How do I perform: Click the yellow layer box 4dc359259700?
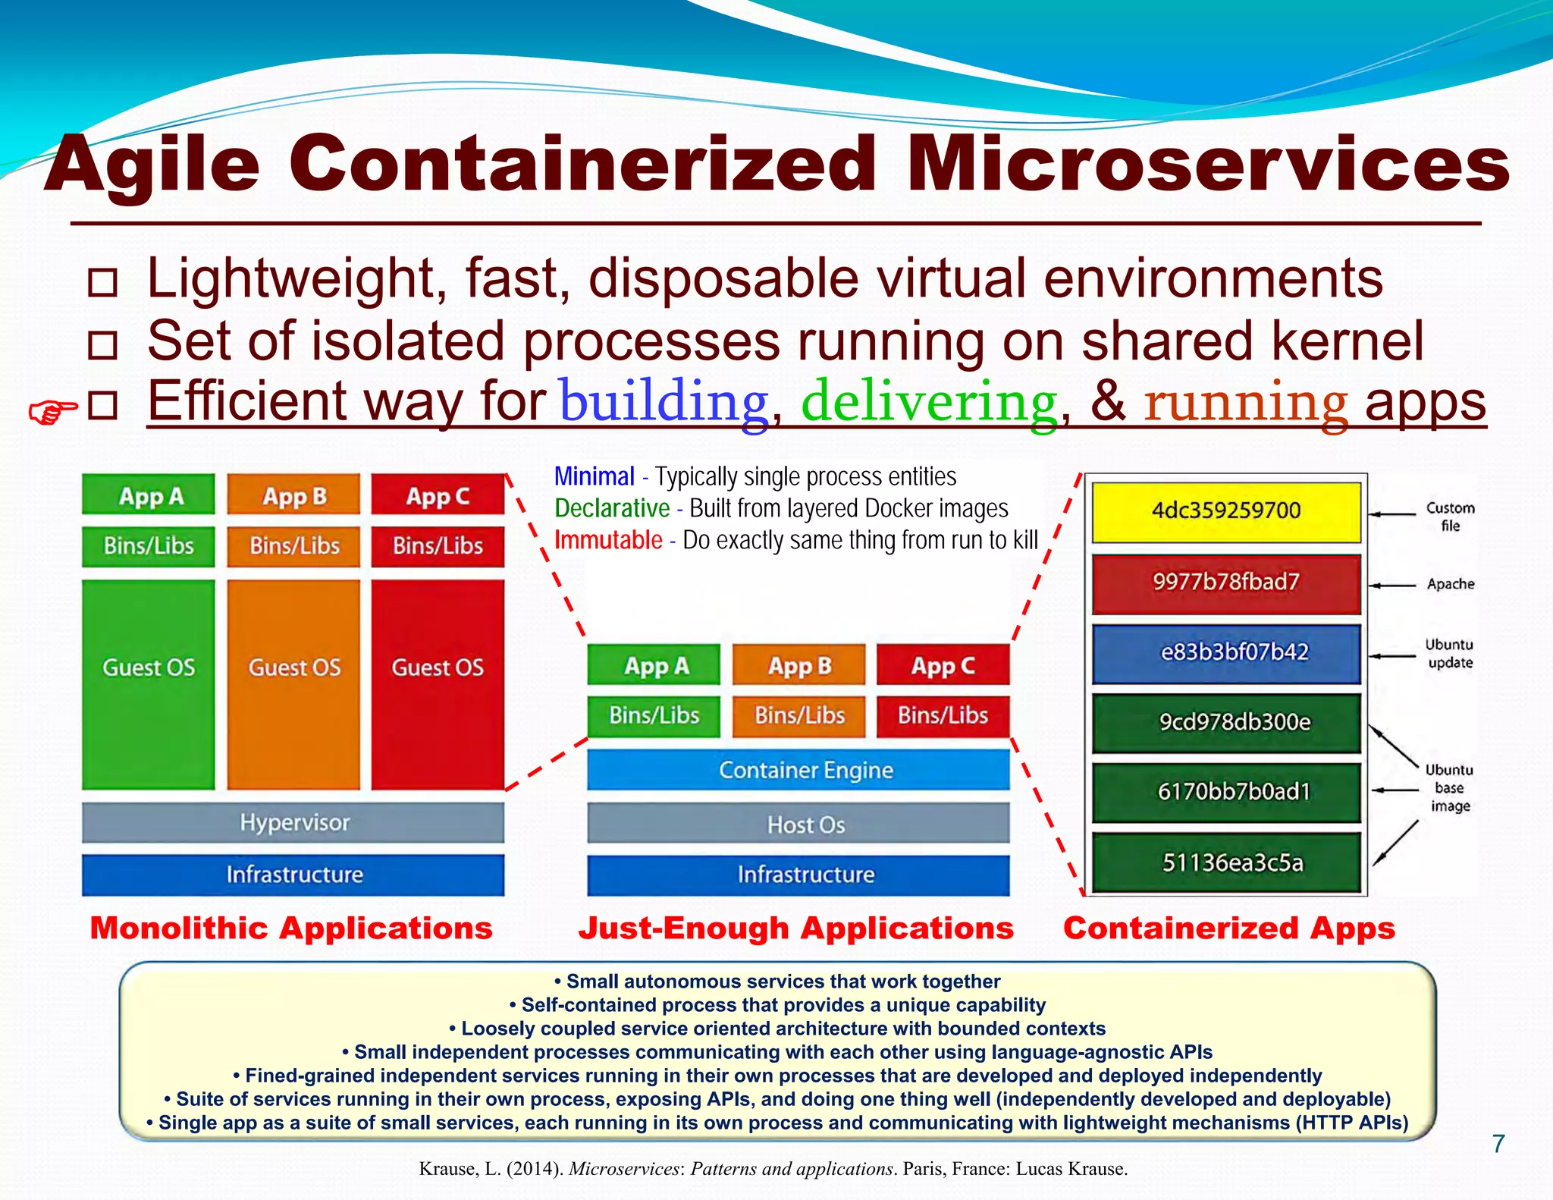pos(1226,511)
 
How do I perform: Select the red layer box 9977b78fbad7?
pos(1226,583)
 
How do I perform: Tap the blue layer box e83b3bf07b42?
pos(1226,652)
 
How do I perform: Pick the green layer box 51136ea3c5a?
pos(1226,862)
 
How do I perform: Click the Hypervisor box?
pos(293,822)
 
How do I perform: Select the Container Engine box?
pos(798,770)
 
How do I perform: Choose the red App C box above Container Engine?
pos(943,665)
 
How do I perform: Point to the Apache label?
pos(1450,584)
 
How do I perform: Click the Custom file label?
pos(1450,517)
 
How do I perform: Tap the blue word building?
pos(664,402)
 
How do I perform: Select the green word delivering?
pos(929,402)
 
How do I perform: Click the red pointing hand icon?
pos(52,412)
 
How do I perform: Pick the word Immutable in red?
pos(608,540)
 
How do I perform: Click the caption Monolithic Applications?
pos(291,928)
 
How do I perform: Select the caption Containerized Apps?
pos(1228,928)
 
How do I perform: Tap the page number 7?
pos(1498,1144)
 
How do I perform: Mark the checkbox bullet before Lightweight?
pos(102,282)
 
